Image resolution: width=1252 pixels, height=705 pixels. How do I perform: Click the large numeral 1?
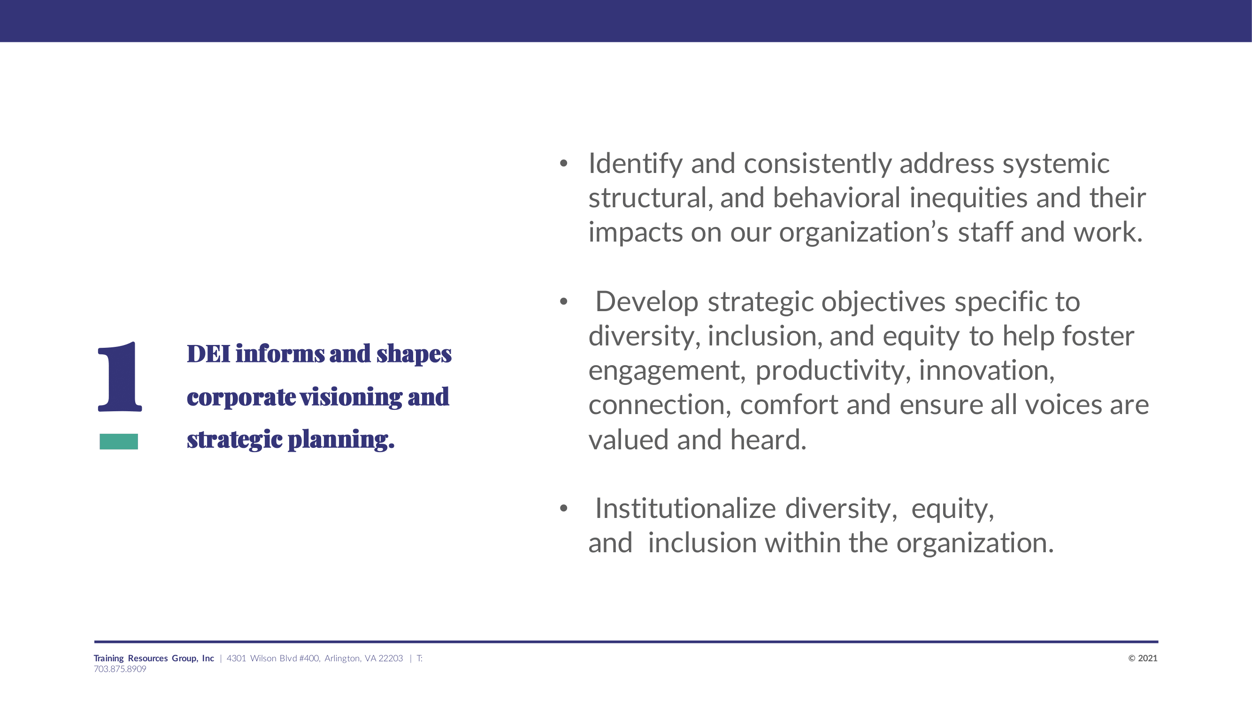120,376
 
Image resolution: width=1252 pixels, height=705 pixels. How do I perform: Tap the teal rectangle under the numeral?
119,441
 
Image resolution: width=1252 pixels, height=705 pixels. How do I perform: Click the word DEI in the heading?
208,354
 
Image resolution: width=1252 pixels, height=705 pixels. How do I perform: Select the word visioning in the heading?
351,397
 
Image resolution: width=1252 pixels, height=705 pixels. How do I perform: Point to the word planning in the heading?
341,440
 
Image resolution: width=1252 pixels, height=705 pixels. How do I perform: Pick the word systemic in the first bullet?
1056,164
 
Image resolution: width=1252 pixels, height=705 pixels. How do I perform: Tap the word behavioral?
837,198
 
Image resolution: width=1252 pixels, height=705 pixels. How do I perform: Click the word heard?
768,440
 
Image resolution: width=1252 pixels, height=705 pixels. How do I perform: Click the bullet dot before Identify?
563,164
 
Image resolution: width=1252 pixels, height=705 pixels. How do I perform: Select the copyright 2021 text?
1143,658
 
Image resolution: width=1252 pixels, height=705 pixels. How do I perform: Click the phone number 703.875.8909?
120,669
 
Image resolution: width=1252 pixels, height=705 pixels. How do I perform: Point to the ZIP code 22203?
391,658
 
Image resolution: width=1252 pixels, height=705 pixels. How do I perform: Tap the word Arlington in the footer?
342,659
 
